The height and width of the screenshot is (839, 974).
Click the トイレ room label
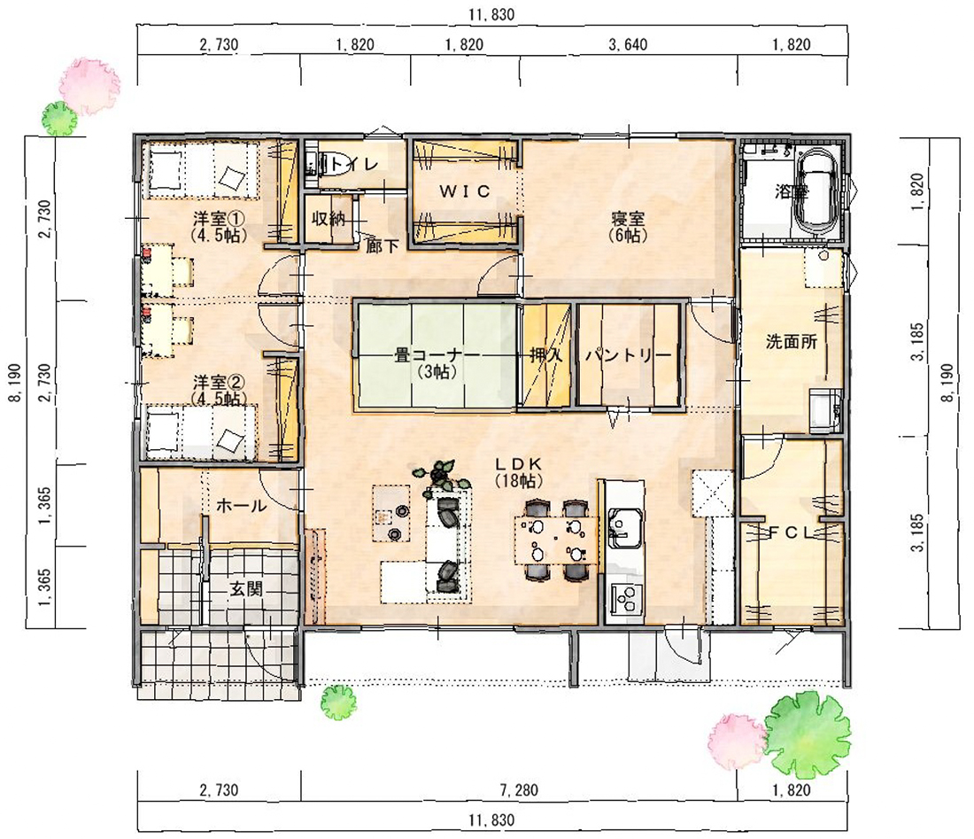point(352,164)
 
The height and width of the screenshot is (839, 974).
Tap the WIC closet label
point(465,190)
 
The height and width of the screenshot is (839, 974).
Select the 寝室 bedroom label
point(628,219)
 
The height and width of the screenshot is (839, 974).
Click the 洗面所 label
point(791,341)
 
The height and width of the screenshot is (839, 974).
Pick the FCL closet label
point(791,532)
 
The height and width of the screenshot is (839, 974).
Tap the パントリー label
point(628,355)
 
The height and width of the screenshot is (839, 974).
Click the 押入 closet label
point(545,355)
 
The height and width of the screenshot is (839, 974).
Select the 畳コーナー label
point(437,355)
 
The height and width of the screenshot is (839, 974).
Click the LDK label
point(519,463)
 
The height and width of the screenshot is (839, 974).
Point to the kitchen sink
point(624,528)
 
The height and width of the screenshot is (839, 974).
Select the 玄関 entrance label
point(247,588)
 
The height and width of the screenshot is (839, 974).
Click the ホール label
point(241,506)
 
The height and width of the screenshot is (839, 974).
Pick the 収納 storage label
point(328,219)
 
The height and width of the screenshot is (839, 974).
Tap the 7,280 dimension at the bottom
point(519,790)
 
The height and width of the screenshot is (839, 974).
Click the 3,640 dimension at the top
point(628,44)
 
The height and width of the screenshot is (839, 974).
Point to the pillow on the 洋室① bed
point(231,178)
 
